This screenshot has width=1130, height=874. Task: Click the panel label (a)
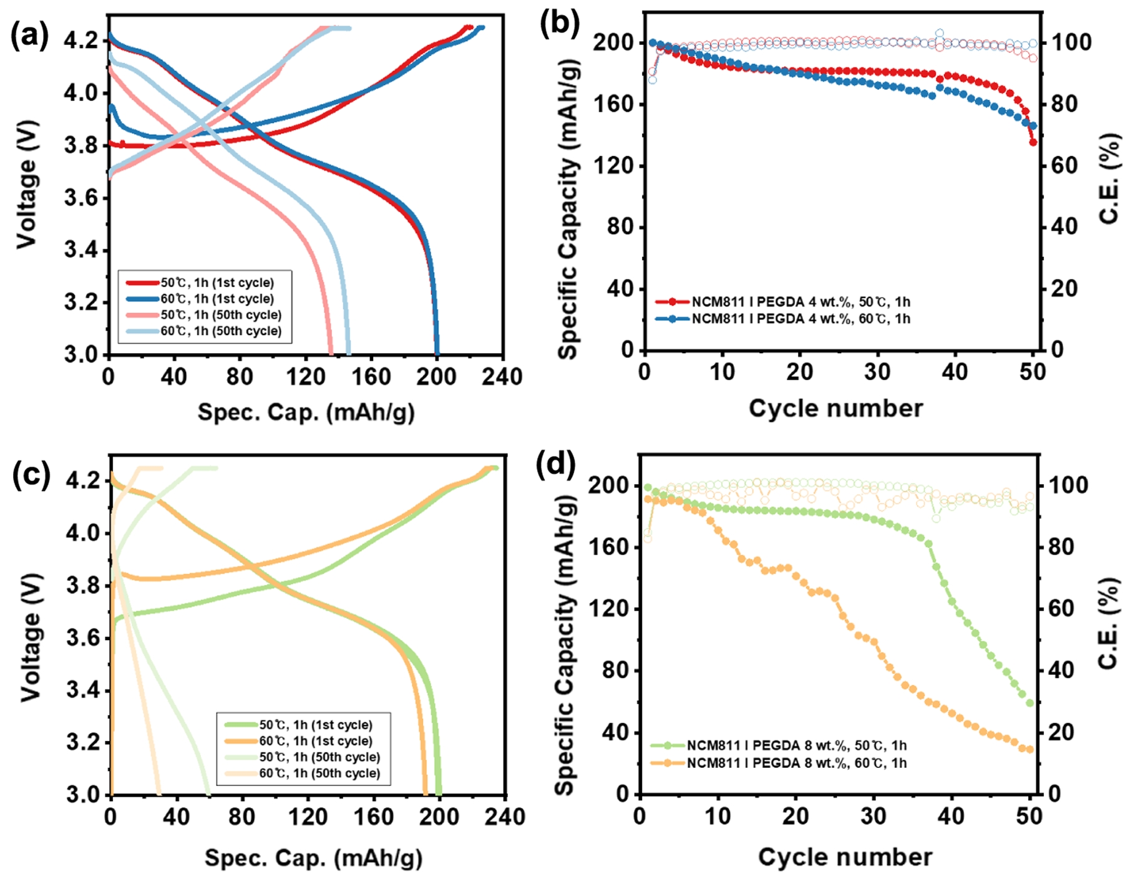click(29, 36)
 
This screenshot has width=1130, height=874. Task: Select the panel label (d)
click(555, 465)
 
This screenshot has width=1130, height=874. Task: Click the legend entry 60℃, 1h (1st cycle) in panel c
click(316, 741)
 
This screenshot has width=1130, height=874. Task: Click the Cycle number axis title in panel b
click(835, 409)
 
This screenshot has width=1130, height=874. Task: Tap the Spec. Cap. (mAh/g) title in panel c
click(313, 858)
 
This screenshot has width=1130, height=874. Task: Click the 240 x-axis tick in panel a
click(502, 377)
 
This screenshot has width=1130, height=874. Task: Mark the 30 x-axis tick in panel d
click(874, 817)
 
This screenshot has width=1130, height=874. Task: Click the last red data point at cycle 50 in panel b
click(1033, 142)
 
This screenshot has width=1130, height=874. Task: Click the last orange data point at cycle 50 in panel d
click(1030, 749)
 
